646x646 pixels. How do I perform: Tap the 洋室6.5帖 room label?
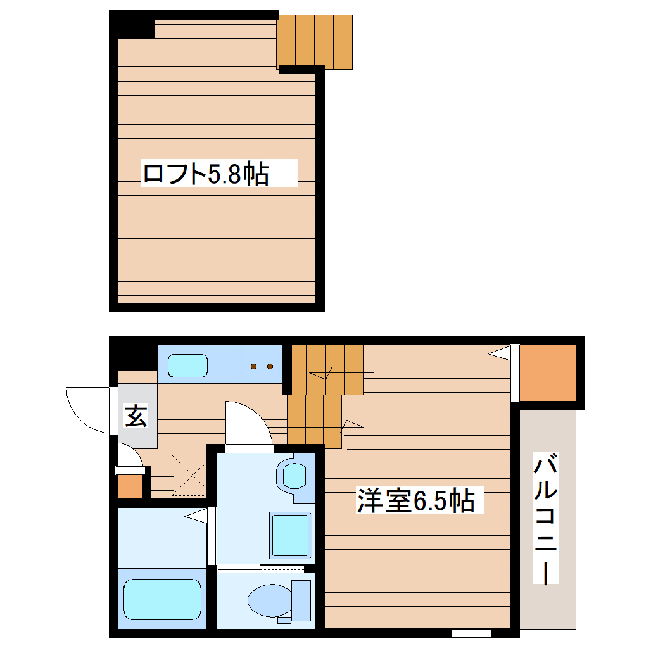(415, 501)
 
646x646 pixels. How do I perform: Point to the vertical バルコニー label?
(546, 519)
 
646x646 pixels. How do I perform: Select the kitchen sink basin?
(187, 365)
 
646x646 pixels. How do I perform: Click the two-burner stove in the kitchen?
(261, 365)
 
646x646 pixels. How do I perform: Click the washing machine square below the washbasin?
(291, 535)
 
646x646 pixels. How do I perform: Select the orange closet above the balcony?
(548, 372)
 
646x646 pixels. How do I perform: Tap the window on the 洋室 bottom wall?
(472, 632)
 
